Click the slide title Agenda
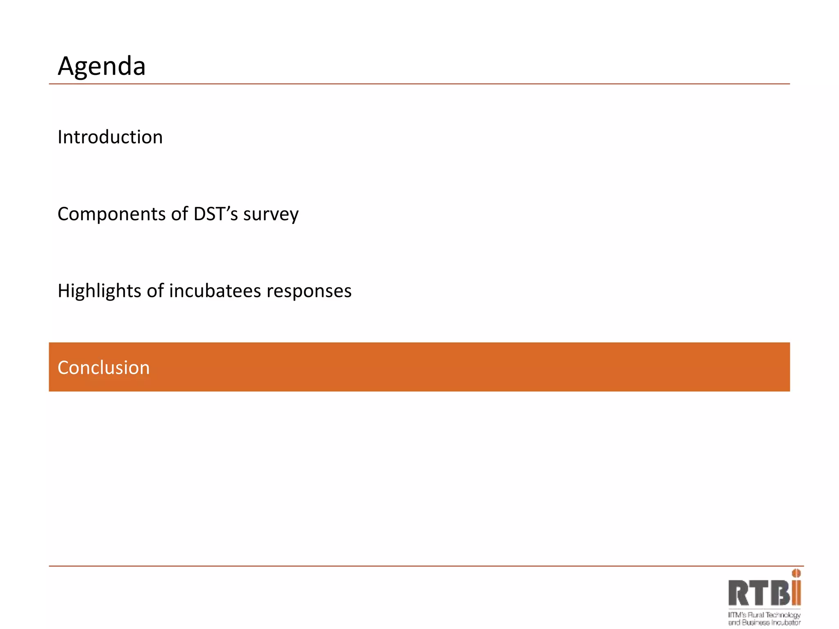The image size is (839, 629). [102, 66]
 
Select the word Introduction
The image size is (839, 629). [110, 137]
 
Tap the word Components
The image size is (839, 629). [111, 214]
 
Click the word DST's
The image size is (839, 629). [215, 214]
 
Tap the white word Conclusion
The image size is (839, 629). [104, 368]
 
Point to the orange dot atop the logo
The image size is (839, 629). [796, 573]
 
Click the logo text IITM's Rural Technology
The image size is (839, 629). [764, 615]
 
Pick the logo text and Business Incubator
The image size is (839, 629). [764, 623]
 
